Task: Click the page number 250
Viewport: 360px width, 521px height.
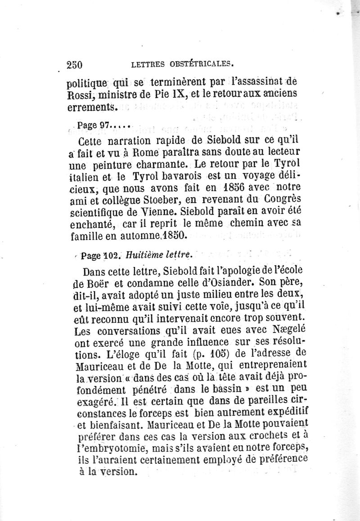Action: pyautogui.click(x=74, y=65)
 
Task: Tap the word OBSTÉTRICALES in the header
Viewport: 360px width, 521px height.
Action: pyautogui.click(x=198, y=64)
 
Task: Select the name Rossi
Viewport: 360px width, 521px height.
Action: pyautogui.click(x=79, y=95)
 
